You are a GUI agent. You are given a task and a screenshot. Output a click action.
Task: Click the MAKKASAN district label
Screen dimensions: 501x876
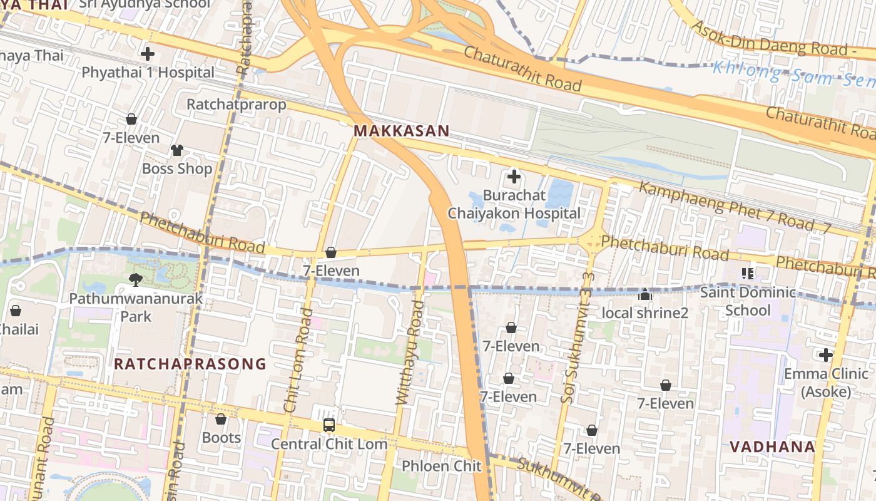coord(401,131)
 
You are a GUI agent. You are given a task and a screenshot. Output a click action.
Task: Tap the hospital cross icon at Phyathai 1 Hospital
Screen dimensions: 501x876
coord(148,54)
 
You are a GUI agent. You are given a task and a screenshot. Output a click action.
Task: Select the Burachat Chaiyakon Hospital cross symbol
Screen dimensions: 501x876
coord(514,177)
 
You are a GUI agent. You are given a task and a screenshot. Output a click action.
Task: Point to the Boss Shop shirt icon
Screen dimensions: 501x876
coord(177,150)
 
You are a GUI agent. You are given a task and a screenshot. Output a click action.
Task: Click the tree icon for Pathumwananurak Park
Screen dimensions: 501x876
coord(135,279)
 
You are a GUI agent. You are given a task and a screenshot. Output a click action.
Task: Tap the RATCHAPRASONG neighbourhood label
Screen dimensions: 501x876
coord(190,364)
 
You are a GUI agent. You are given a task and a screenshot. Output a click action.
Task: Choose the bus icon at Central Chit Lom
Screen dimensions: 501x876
coord(329,425)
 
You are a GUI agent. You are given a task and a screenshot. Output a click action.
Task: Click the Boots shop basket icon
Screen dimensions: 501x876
coord(221,419)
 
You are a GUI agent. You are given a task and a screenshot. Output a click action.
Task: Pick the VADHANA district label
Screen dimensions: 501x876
coord(773,447)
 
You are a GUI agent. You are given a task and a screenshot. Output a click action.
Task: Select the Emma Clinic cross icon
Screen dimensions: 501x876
coord(826,355)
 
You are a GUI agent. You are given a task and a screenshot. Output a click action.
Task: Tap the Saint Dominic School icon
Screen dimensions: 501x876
coord(747,273)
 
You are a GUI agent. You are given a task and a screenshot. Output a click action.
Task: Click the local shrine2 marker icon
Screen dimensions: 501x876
coord(645,294)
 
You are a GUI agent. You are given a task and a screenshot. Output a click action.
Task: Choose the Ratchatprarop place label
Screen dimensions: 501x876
coord(237,104)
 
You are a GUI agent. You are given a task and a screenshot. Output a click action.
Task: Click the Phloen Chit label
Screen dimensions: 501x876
coord(441,466)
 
